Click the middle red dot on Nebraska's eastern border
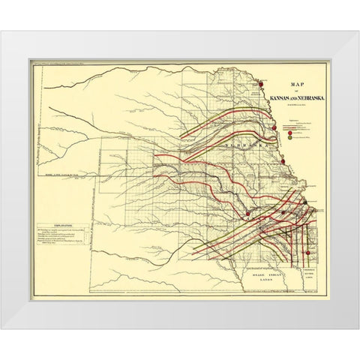(x=274, y=127)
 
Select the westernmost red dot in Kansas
(x=248, y=214)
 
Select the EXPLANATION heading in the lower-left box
(x=55, y=223)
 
